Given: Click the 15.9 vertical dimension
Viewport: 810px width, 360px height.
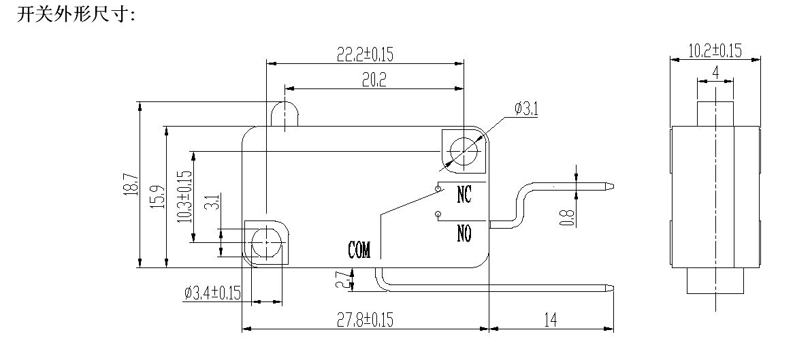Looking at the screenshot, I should (158, 197).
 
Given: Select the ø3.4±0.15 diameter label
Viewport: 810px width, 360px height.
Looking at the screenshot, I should (213, 293).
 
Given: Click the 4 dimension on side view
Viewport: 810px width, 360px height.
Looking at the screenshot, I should (715, 72).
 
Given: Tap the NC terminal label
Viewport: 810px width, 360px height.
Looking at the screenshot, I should (464, 195).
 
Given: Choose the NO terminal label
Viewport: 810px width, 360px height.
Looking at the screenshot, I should (464, 234).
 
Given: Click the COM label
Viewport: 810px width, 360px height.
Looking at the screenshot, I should (359, 250).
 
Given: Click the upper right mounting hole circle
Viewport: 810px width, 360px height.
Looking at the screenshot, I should (465, 149).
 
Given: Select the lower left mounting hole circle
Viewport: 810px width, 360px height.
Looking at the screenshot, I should (264, 241).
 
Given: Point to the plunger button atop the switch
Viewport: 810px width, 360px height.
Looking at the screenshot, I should (285, 114).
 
